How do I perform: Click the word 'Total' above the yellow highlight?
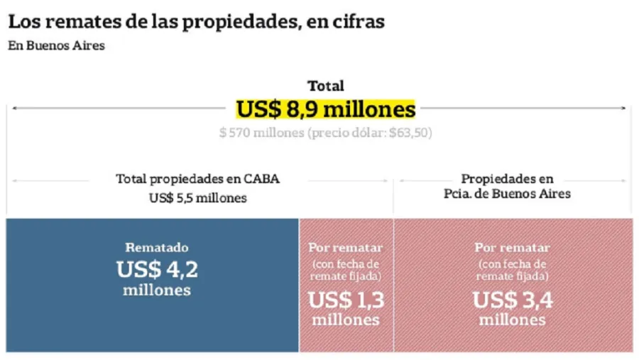pos(326,86)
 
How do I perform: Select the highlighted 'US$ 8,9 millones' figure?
pos(326,109)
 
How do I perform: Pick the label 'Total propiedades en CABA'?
pos(197,179)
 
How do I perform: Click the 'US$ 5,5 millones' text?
pos(197,198)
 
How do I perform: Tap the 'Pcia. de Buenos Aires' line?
pos(507,194)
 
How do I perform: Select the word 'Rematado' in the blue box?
pos(157,248)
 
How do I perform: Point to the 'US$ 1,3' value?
pos(346,300)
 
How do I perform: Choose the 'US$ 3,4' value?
pos(512,300)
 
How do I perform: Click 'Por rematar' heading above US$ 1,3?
pos(346,248)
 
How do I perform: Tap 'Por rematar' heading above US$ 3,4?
pos(512,248)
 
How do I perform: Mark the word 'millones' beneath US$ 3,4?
pos(512,320)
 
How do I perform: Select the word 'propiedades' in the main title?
pos(237,22)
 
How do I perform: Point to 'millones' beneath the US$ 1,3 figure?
pos(346,320)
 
